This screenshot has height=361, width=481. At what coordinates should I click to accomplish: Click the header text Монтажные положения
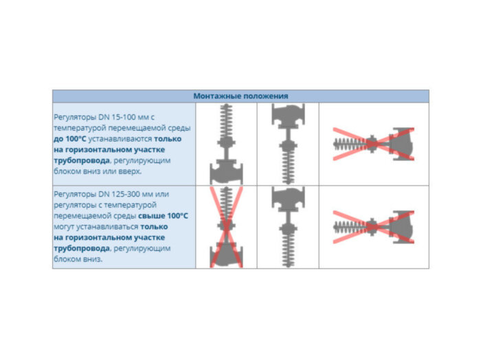[240, 96]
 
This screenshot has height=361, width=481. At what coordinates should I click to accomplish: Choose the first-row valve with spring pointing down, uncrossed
[287, 144]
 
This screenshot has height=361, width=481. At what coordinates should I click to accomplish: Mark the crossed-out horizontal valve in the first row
[373, 144]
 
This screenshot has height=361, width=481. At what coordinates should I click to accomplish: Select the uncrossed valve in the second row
[287, 227]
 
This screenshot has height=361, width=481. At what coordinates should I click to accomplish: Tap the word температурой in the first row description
[78, 128]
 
